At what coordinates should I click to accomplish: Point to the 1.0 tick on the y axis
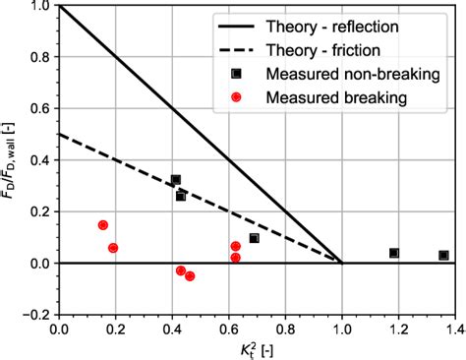(39, 7)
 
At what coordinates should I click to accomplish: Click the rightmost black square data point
(443, 256)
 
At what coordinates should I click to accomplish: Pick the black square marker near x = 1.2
(394, 253)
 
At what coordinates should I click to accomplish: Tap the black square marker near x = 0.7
(254, 238)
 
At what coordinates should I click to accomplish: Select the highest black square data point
(176, 180)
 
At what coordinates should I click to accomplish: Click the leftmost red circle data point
(103, 225)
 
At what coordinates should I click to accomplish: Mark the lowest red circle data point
(190, 276)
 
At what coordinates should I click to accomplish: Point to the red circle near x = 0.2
(113, 248)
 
